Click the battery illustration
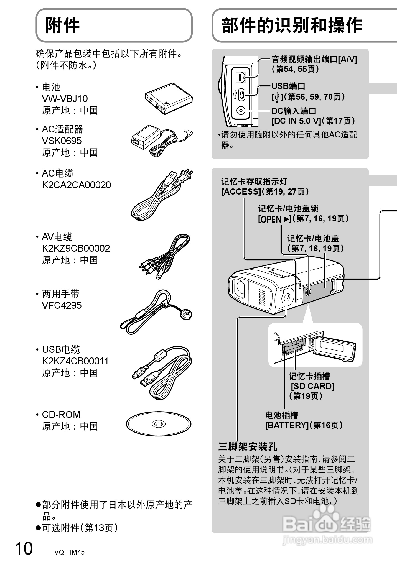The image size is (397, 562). click(169, 98)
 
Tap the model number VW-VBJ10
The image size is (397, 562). click(65, 99)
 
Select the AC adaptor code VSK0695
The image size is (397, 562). click(62, 141)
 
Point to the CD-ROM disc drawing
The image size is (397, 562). click(159, 424)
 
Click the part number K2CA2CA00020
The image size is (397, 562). click(76, 185)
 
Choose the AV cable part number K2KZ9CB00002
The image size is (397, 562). click(76, 248)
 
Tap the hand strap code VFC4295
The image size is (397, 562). click(62, 305)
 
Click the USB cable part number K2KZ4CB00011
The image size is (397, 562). click(75, 361)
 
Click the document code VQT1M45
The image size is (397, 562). click(69, 552)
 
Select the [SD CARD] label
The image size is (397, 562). click(312, 386)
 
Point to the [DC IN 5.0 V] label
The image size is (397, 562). click(296, 121)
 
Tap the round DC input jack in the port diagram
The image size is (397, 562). click(241, 111)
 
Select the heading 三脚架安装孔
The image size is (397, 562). click(248, 446)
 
